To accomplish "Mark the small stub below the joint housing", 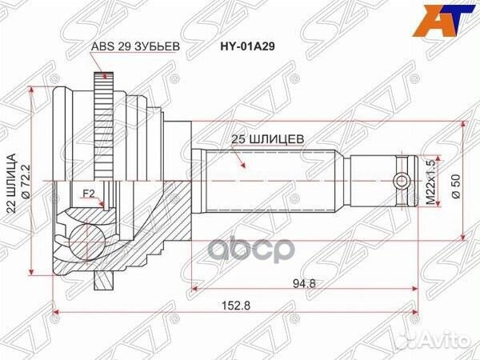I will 102,280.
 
